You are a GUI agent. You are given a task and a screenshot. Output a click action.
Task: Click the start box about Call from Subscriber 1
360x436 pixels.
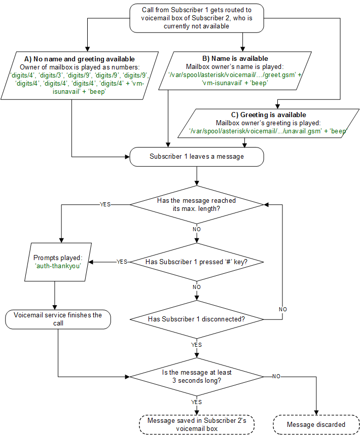pos(196,18)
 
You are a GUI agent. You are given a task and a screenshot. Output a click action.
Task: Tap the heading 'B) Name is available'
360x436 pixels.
pos(242,59)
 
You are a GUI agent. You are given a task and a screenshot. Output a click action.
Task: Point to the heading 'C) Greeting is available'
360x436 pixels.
pos(267,115)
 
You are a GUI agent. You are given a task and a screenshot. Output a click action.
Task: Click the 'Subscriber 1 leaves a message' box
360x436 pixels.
pos(197,156)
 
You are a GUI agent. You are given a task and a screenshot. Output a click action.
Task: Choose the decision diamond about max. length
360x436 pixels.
pos(197,204)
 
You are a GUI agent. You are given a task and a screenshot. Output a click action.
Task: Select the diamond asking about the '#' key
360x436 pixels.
pos(197,262)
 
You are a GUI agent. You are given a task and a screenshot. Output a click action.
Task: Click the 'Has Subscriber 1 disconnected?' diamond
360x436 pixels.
pos(197,319)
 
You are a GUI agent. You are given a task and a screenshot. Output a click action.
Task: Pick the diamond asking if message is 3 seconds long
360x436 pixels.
pos(197,376)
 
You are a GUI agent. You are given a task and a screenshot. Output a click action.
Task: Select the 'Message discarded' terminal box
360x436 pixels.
pos(316,424)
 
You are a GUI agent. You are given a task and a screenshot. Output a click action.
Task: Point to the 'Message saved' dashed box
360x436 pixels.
pos(197,424)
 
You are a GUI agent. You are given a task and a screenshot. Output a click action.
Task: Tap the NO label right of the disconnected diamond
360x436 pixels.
pos(283,309)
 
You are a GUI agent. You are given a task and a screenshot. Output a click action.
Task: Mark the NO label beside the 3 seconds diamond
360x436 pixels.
pos(277,377)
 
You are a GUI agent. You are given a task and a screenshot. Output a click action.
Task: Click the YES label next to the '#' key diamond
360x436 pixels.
pos(122,262)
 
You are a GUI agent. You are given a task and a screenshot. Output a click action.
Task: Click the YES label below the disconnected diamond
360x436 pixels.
pos(196,345)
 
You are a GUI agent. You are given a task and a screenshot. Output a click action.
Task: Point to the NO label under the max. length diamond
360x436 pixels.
pos(196,229)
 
